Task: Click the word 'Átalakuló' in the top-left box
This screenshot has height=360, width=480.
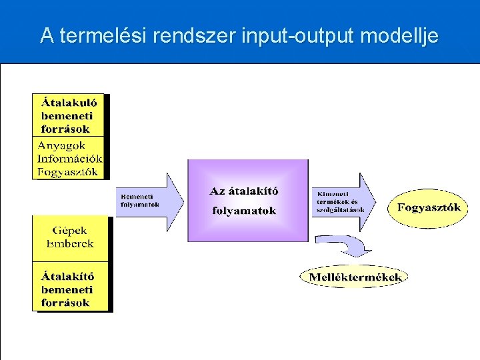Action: click(x=69, y=103)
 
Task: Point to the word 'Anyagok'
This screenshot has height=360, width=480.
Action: click(x=61, y=146)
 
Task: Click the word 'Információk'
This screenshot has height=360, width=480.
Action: click(x=69, y=159)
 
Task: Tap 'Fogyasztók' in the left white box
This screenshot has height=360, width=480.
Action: click(x=68, y=171)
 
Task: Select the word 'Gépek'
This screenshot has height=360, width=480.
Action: click(x=70, y=231)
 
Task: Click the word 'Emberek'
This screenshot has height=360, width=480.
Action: click(x=70, y=243)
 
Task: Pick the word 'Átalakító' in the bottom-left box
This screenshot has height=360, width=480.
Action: click(x=67, y=276)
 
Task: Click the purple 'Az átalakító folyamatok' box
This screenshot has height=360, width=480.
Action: click(x=247, y=200)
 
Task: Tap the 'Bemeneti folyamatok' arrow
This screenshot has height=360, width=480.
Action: click(x=150, y=202)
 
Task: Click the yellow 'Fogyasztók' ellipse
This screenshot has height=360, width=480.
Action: click(x=429, y=207)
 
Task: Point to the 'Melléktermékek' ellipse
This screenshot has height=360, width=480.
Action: click(x=353, y=277)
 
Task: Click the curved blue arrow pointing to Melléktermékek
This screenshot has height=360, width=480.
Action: click(x=347, y=245)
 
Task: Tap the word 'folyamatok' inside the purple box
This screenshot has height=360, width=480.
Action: click(x=244, y=211)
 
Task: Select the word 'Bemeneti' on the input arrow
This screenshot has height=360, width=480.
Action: click(x=137, y=197)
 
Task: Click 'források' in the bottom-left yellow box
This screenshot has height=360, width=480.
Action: click(x=65, y=303)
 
